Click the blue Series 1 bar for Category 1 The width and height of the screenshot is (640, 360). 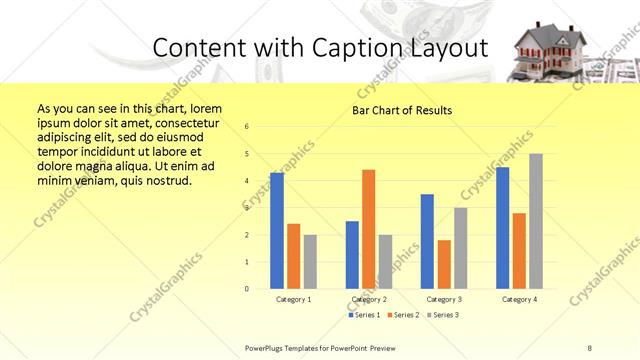pyautogui.click(x=277, y=231)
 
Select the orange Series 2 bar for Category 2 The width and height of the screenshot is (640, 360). pyautogui.click(x=368, y=229)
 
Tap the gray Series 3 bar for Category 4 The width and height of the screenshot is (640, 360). pyautogui.click(x=536, y=221)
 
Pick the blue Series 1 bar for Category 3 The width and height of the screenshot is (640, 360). pyautogui.click(x=427, y=241)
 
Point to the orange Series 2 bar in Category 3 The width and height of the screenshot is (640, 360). pyautogui.click(x=444, y=264)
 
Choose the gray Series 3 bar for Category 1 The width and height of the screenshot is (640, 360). pyautogui.click(x=310, y=262)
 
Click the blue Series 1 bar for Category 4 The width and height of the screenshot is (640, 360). pyautogui.click(x=502, y=228)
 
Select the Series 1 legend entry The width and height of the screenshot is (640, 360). pyautogui.click(x=364, y=314)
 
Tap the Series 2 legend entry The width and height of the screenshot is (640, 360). pyautogui.click(x=401, y=314)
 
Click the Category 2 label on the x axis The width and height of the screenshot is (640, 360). pyautogui.click(x=369, y=299)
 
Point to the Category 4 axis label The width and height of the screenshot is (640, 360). pyautogui.click(x=519, y=299)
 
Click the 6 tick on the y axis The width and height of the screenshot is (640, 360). pyautogui.click(x=247, y=126)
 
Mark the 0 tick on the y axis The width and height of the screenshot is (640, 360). pyautogui.click(x=247, y=289)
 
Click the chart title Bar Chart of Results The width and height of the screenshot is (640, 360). pyautogui.click(x=401, y=110)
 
